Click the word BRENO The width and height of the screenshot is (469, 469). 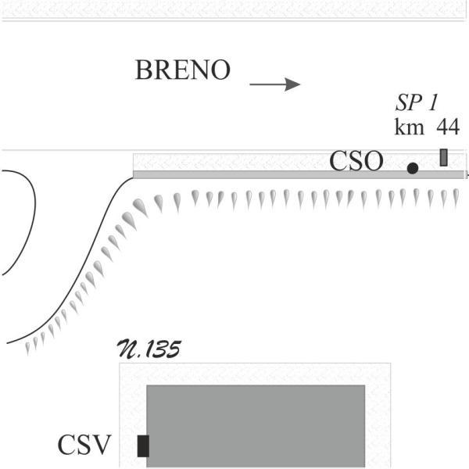(x=183, y=70)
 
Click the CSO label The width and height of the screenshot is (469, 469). (x=356, y=162)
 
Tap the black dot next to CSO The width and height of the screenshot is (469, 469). (x=413, y=167)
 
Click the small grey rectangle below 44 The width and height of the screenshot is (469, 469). (x=444, y=157)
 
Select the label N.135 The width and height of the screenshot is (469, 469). (x=149, y=349)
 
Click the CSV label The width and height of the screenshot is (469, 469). (x=84, y=446)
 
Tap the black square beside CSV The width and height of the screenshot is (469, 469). (x=143, y=446)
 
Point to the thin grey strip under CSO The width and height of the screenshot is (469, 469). (x=234, y=174)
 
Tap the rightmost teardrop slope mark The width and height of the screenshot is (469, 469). (x=454, y=198)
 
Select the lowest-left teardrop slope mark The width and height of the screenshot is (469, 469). (x=28, y=346)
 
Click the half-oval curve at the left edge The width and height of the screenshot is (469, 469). (x=23, y=223)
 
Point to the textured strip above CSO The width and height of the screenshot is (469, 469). (x=234, y=160)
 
